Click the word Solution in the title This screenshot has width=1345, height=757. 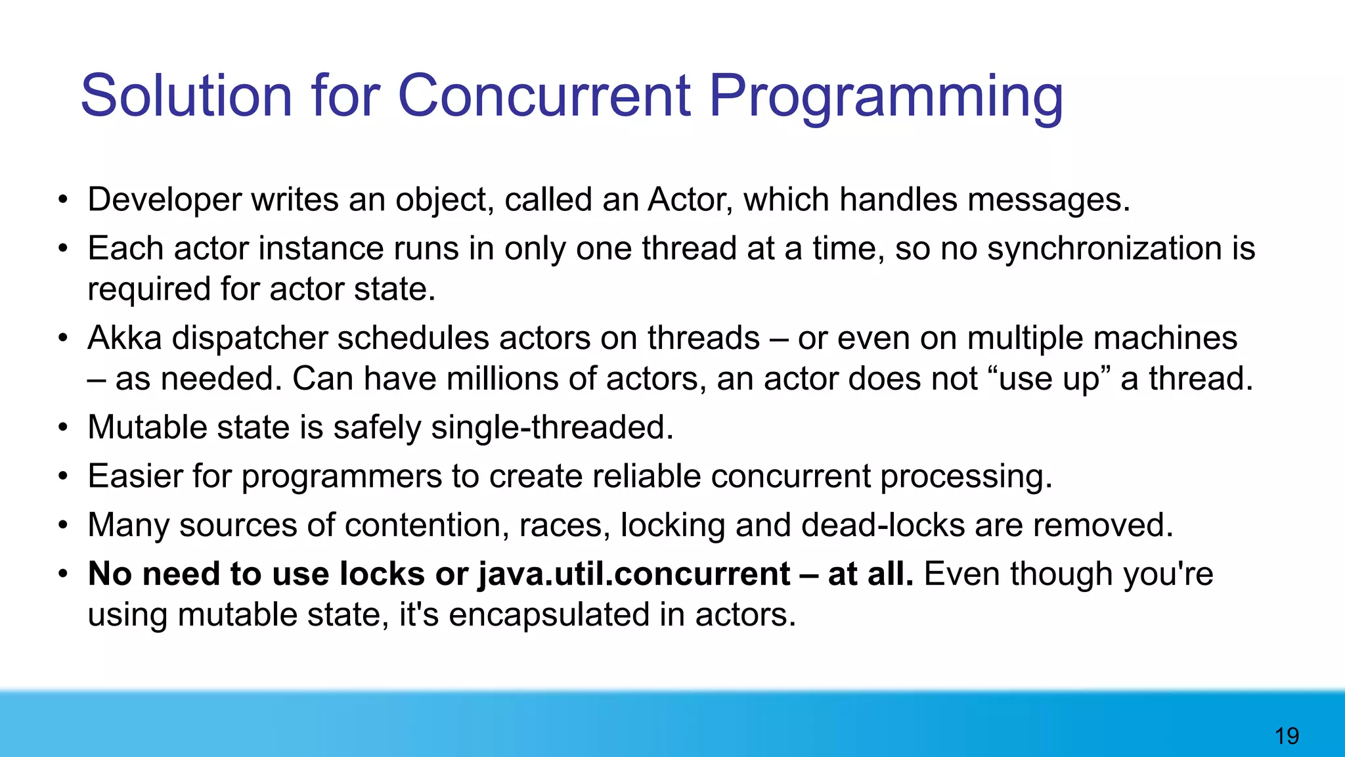point(186,96)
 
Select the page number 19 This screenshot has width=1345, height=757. point(1287,736)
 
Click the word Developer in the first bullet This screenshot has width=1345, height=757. point(164,200)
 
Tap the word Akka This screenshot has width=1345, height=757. point(125,338)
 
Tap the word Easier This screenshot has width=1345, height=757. point(135,476)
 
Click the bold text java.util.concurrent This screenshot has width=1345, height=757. point(634,574)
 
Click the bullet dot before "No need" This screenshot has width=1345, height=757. point(62,574)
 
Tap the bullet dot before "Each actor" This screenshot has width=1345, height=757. point(62,249)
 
